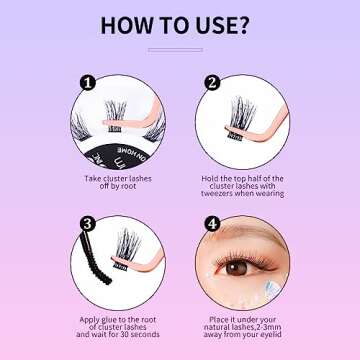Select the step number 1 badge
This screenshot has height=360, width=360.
coord(87,84)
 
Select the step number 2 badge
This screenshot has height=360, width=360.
coord(213,84)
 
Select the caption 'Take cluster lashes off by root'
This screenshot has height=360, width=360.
coord(114,181)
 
